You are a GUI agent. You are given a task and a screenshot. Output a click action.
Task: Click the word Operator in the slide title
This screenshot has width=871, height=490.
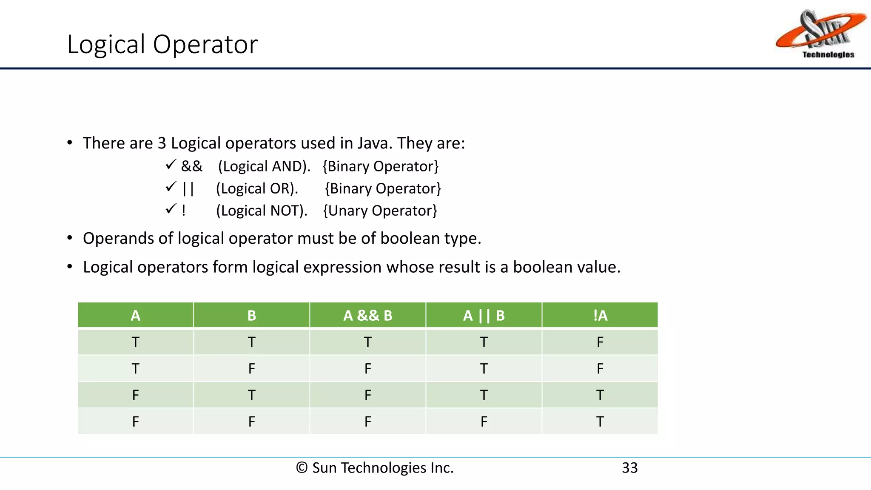click(205, 44)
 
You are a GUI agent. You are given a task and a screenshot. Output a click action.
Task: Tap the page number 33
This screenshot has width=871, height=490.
click(629, 467)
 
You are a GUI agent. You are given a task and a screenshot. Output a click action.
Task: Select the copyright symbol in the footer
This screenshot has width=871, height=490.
click(302, 467)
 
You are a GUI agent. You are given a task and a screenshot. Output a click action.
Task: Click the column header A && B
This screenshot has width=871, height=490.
click(367, 315)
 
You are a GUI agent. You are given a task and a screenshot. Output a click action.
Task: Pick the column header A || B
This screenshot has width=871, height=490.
click(484, 315)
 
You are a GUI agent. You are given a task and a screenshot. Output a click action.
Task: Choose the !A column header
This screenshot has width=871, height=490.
click(600, 315)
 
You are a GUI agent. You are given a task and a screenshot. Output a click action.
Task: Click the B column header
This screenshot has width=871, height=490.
click(251, 315)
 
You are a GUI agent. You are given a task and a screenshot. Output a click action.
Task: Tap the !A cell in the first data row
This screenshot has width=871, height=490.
click(600, 342)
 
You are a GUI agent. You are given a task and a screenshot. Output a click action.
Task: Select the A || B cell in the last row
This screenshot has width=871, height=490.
click(484, 422)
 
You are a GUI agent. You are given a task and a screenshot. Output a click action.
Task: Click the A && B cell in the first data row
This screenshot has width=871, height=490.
click(367, 342)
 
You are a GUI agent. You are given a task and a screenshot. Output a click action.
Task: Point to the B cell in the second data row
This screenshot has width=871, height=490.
click(251, 368)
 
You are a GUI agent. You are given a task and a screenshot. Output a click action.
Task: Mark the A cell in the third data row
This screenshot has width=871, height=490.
click(135, 395)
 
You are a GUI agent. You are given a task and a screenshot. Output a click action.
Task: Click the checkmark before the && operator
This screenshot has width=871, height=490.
click(171, 165)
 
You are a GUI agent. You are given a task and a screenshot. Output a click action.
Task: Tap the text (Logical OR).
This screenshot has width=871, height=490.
click(257, 188)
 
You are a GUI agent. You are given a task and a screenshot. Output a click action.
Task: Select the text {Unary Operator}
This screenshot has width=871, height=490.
click(380, 211)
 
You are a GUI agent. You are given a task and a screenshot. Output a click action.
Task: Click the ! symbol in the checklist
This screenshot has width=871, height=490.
click(184, 211)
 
